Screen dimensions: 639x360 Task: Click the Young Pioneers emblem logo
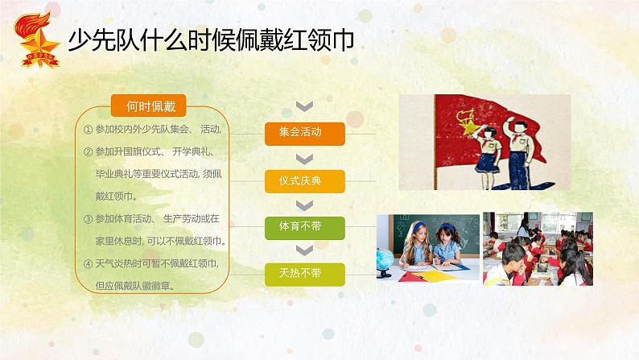coord(37,40)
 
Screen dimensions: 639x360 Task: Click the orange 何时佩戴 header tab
coord(148,106)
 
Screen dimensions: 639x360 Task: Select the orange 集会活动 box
coord(305,134)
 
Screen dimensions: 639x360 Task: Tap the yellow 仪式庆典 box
coord(305,181)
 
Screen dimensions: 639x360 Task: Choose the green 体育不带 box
coord(305,228)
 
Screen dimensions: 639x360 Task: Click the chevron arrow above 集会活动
coord(304,106)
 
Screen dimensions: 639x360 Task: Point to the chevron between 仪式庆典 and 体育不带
coord(304,205)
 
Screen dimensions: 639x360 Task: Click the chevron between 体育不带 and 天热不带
coord(304,250)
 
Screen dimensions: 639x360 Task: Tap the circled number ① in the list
coord(88,130)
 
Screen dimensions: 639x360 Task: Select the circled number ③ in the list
coord(88,219)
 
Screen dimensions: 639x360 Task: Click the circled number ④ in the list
coord(88,264)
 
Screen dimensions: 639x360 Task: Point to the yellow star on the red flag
coord(471,126)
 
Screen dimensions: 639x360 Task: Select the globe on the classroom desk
coord(385,261)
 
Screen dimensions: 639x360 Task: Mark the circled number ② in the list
coord(88,152)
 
